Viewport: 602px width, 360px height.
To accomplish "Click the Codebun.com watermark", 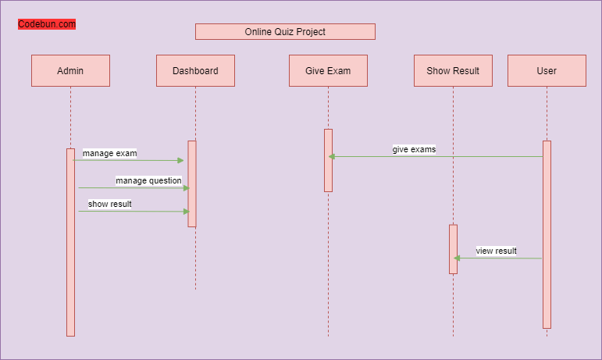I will (x=47, y=24).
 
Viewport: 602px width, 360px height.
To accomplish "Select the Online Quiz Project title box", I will (x=285, y=32).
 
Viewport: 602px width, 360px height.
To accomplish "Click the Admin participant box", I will (x=70, y=70).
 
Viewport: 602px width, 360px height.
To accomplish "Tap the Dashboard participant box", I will (x=195, y=70).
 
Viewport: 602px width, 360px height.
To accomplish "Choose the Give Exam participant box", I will (x=328, y=70).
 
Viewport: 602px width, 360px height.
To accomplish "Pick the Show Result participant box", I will (x=453, y=70).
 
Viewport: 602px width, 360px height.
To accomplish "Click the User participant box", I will (x=547, y=70).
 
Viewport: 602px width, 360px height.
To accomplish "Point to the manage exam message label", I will (x=109, y=154).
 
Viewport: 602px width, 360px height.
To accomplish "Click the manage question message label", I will (x=148, y=181).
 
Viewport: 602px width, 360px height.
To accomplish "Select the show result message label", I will (x=109, y=205).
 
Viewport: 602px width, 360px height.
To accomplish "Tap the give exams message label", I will (x=414, y=149).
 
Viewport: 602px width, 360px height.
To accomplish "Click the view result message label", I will (x=496, y=251).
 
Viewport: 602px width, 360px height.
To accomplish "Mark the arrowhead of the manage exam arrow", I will (x=180, y=160).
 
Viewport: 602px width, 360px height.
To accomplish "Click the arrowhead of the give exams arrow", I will (x=332, y=157).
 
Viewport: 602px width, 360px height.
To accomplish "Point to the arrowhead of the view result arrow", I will (x=457, y=258).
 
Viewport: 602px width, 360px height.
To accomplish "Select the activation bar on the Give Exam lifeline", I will (x=328, y=160).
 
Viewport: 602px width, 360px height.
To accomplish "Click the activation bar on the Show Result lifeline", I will (x=453, y=249).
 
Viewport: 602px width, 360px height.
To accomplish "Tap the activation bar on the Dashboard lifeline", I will (x=191, y=184).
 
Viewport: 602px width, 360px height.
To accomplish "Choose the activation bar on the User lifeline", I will (x=547, y=234).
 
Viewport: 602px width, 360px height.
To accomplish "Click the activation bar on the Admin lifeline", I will (x=70, y=242).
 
